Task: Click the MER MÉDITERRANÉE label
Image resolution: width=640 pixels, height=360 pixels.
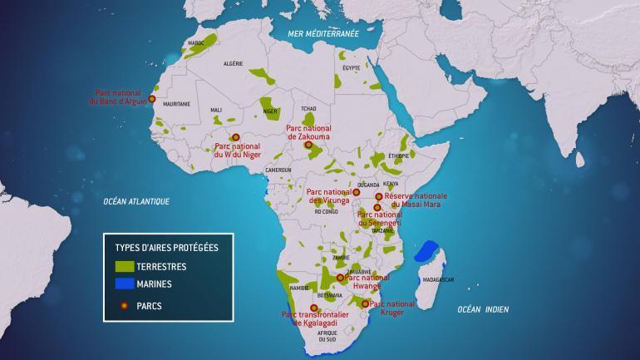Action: point(322,34)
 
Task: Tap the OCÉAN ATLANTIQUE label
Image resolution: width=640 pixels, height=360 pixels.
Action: point(136,201)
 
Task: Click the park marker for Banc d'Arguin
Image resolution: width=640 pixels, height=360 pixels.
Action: point(151,98)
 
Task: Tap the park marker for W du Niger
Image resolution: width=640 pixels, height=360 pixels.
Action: point(235,137)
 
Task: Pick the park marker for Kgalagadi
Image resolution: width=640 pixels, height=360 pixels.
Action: point(313,308)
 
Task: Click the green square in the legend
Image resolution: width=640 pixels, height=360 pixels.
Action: point(124,267)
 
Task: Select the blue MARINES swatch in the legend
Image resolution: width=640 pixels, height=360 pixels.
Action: point(124,285)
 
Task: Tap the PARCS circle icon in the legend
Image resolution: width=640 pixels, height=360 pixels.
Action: point(124,305)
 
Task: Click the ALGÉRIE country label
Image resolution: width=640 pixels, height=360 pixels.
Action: point(234,63)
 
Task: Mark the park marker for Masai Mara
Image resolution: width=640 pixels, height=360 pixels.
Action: point(379,197)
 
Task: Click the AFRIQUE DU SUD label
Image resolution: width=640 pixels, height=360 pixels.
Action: point(327,336)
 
